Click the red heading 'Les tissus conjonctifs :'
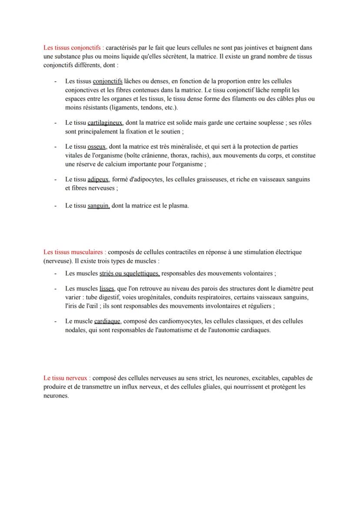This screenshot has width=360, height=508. point(73,48)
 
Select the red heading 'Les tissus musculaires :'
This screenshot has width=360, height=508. point(74,252)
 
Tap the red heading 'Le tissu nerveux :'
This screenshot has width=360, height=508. point(67,378)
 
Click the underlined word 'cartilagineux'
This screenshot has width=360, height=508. point(105,123)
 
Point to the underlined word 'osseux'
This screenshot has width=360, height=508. point(97,147)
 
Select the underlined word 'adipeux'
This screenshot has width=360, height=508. point(98,179)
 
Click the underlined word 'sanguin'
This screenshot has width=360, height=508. point(98,206)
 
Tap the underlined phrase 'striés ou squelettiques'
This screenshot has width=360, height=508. point(129,274)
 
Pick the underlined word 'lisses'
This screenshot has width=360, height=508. point(107,289)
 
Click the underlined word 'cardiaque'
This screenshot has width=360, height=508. point(108,322)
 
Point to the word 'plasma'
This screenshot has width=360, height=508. point(178,206)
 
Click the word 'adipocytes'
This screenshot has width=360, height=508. point(149,179)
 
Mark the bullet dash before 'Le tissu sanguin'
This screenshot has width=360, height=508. point(55,206)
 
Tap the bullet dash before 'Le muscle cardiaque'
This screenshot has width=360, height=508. point(55,322)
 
